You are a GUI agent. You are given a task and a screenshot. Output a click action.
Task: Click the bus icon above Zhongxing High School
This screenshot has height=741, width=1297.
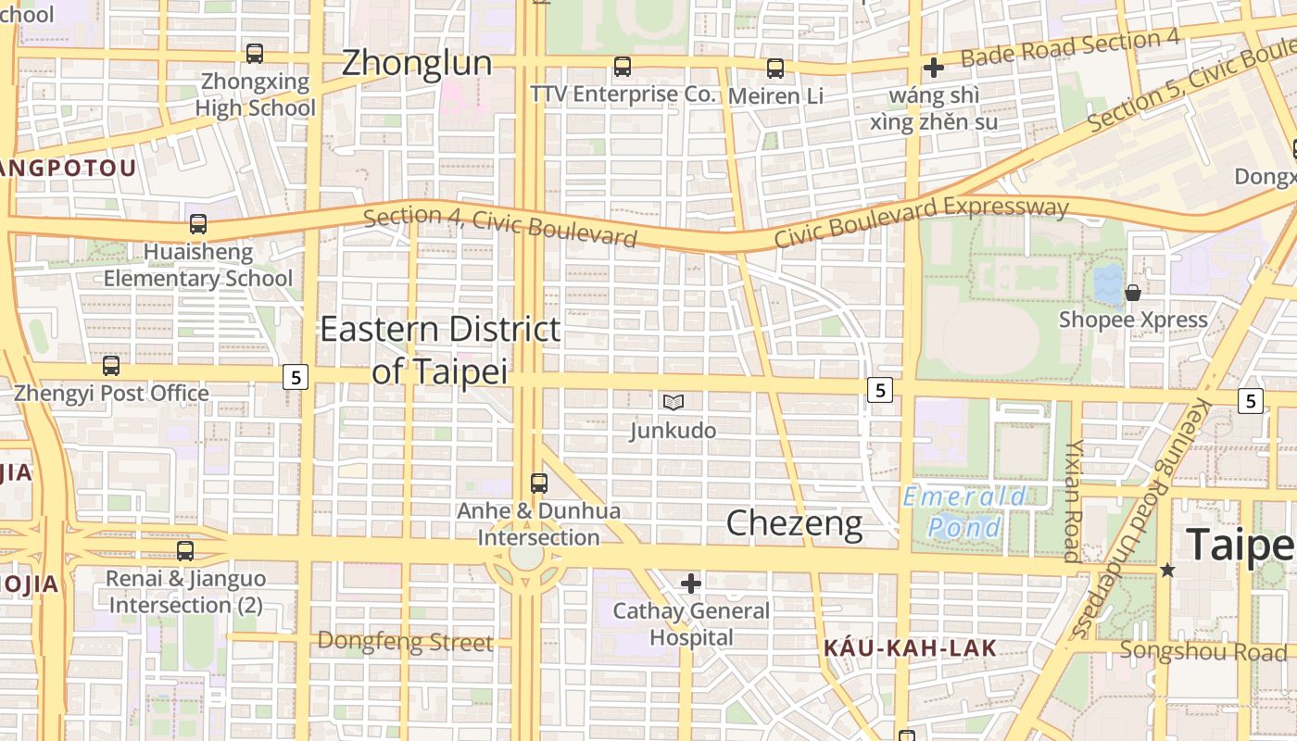coord(255,54)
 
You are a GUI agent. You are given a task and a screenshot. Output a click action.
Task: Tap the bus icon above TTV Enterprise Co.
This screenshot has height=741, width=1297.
coord(623,67)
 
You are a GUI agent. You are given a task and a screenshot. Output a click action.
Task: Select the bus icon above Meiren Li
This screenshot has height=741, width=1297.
coord(775,68)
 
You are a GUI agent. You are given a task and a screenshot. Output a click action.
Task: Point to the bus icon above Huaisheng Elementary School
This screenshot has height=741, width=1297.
coord(198,223)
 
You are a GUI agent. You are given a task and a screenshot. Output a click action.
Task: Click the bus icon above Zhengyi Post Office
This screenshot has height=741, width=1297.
coord(111,366)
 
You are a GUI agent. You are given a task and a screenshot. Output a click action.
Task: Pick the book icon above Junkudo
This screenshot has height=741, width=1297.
coord(674,402)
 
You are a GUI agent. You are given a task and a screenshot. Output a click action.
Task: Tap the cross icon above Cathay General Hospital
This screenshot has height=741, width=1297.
coord(691,584)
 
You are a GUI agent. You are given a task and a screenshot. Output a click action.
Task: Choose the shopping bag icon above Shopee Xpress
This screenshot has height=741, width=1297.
coord(1132,293)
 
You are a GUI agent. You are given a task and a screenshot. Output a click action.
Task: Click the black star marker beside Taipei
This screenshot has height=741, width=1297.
coord(1167,570)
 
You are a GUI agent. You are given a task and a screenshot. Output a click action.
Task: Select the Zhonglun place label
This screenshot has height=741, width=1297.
coord(417,63)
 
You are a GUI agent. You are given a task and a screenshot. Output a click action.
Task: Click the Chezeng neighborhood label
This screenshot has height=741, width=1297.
coord(794,523)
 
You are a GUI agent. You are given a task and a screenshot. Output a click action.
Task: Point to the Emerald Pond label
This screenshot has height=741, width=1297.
coord(964,512)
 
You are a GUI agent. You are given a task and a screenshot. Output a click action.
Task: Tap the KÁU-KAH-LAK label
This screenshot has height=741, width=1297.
coord(910,648)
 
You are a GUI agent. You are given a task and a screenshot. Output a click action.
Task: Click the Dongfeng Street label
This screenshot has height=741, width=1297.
coord(405,641)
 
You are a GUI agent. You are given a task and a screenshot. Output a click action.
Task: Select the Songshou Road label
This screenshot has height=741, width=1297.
coord(1203,650)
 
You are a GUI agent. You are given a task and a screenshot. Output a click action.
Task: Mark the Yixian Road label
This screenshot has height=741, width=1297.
coord(1073,500)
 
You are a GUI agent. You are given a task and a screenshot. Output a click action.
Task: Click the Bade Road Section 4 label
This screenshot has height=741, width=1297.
coord(1069,48)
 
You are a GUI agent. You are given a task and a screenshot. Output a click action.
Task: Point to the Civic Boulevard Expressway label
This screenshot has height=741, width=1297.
coord(921,222)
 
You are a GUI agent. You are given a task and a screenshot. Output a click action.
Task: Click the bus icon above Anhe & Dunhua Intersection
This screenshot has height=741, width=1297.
coord(539,483)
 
